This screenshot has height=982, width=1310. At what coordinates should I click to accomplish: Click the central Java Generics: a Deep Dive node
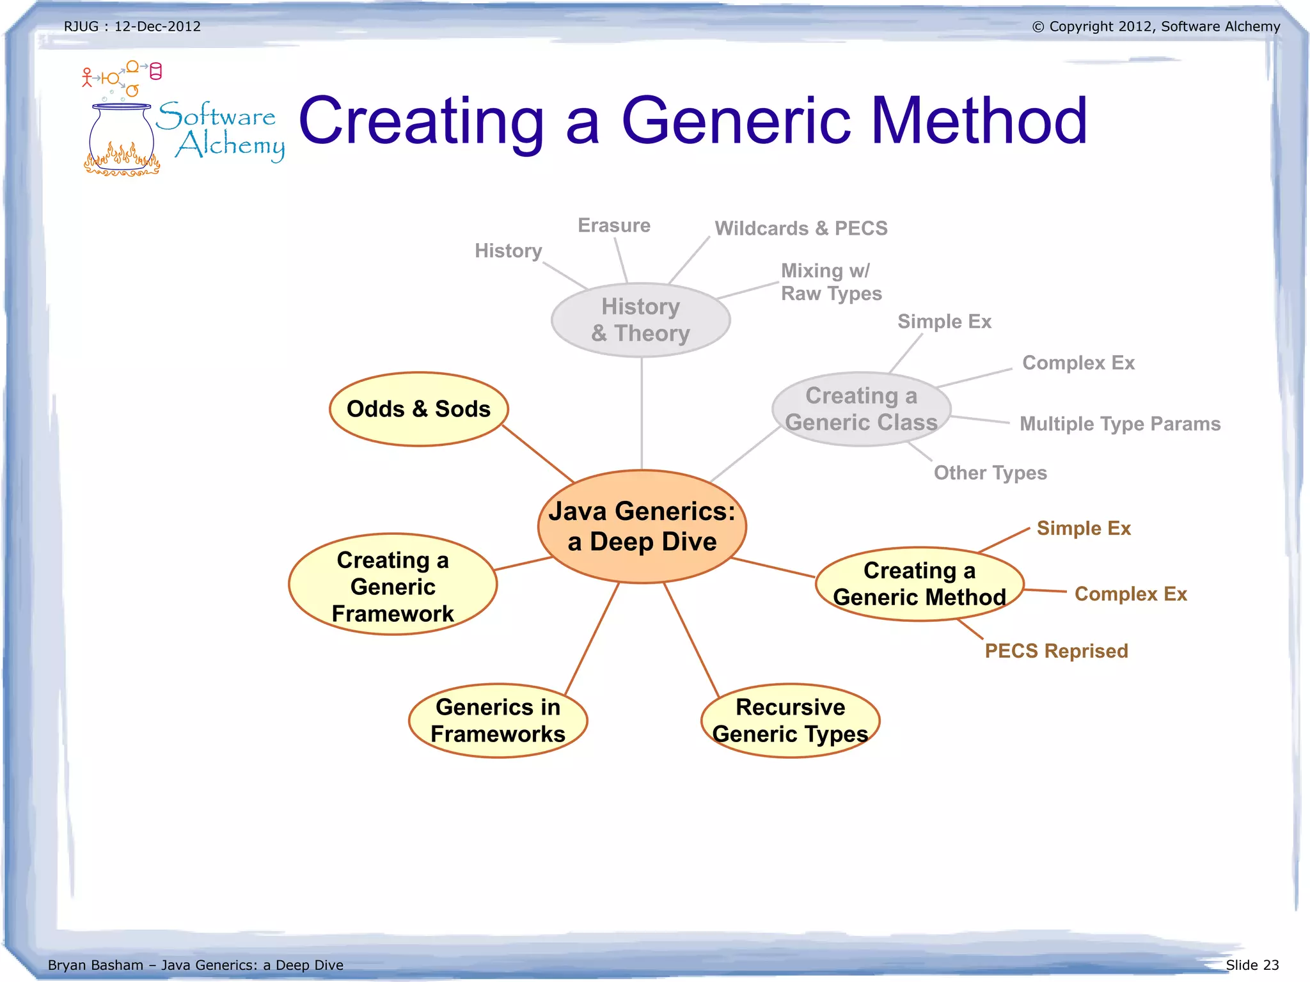click(x=642, y=527)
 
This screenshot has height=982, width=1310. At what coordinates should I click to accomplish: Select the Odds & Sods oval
click(x=418, y=409)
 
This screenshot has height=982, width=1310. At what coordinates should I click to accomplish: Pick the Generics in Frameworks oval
click(x=498, y=720)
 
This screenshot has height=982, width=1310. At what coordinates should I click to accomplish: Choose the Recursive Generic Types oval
click(x=791, y=720)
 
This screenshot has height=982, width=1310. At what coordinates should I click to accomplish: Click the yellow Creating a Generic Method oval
click(x=919, y=583)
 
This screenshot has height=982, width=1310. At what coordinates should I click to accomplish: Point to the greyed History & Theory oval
click(x=640, y=320)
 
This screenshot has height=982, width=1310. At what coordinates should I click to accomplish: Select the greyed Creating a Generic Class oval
click(x=861, y=409)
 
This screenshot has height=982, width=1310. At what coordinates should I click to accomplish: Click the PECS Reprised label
click(x=1056, y=651)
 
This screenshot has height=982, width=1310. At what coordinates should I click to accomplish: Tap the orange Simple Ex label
click(x=1084, y=528)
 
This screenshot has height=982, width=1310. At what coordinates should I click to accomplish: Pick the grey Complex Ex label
click(x=1078, y=363)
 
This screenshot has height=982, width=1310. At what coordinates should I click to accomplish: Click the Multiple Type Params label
click(x=1120, y=424)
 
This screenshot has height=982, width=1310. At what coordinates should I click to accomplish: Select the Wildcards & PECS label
click(x=801, y=228)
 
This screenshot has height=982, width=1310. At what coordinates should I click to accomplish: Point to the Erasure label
click(x=614, y=225)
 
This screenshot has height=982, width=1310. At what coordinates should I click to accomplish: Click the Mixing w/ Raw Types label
click(x=831, y=282)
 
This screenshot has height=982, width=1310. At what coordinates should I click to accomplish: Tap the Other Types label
click(x=990, y=473)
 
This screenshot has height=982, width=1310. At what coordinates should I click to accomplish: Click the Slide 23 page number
click(x=1252, y=965)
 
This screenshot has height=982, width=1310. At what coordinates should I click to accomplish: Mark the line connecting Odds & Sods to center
click(x=538, y=454)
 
